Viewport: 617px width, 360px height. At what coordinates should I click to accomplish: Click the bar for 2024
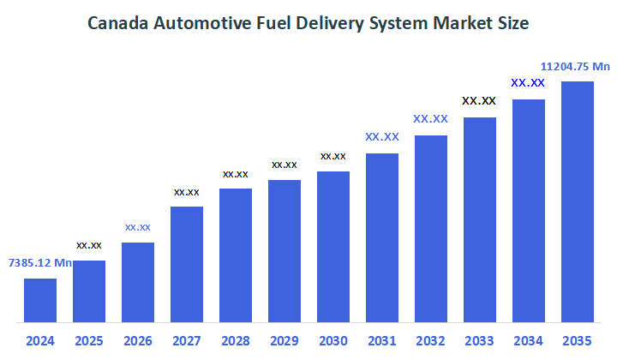pyautogui.click(x=40, y=300)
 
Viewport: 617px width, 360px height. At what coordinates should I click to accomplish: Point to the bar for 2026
pyautogui.click(x=138, y=282)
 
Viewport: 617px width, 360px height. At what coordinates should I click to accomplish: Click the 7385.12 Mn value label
pyautogui.click(x=40, y=263)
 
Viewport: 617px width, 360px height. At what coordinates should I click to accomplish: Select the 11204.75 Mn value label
pyautogui.click(x=575, y=66)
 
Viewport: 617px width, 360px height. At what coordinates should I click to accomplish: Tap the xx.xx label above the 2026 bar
pyautogui.click(x=138, y=227)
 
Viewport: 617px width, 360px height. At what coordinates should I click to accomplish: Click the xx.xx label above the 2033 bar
pyautogui.click(x=479, y=101)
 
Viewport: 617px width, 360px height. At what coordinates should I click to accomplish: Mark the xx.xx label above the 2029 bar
pyautogui.click(x=285, y=165)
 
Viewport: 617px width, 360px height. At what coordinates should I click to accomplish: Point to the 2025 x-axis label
pyautogui.click(x=89, y=340)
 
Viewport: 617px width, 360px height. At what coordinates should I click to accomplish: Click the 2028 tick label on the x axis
pyautogui.click(x=236, y=340)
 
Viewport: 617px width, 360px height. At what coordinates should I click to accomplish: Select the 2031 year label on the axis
pyautogui.click(x=382, y=340)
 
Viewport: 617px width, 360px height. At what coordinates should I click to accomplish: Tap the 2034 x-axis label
pyautogui.click(x=529, y=340)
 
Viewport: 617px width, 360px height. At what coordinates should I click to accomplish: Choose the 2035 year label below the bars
pyautogui.click(x=578, y=340)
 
